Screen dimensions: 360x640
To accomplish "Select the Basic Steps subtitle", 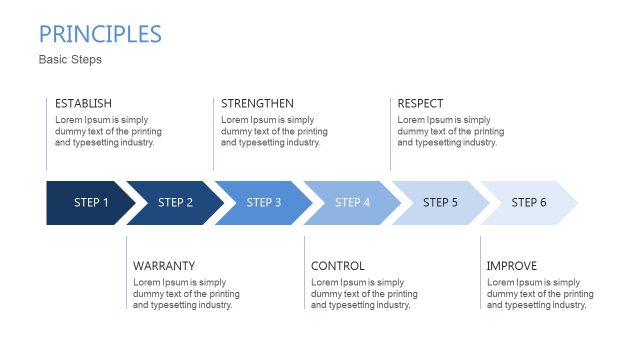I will [x=70, y=60].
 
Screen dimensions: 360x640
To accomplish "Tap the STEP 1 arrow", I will [x=88, y=203].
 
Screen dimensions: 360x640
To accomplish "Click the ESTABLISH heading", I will [x=83, y=104].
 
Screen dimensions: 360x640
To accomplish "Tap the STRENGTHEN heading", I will [x=257, y=104].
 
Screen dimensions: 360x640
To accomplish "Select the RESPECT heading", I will [x=420, y=104].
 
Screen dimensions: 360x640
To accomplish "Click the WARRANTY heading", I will [x=164, y=266].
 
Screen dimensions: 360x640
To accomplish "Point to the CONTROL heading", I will [x=338, y=266].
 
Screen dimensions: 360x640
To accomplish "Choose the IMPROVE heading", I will [x=512, y=266].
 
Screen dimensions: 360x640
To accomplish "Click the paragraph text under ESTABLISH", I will [x=108, y=131].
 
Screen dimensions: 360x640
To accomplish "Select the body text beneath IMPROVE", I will [x=539, y=294].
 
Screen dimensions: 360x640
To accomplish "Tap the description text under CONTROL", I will [x=364, y=294].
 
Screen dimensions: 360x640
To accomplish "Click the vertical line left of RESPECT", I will [x=390, y=133].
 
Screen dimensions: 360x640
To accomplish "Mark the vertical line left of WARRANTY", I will [x=127, y=272].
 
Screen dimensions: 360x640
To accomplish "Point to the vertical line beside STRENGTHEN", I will [x=213, y=133].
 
